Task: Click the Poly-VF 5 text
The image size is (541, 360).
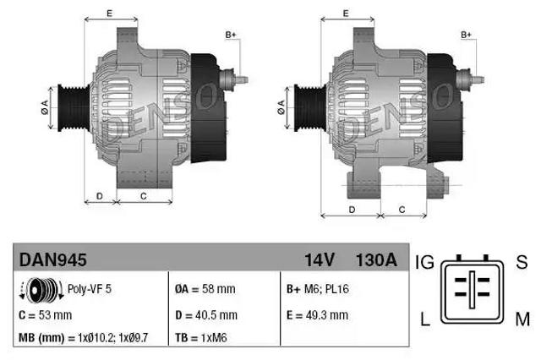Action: (x=90, y=288)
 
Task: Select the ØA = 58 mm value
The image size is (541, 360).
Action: (x=205, y=288)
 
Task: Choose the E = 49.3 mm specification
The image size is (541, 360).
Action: (x=317, y=314)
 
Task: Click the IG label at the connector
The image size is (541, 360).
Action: (x=424, y=263)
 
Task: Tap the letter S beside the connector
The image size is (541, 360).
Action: (x=521, y=263)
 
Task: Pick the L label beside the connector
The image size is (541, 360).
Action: (x=425, y=319)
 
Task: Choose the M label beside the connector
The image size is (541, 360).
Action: (x=522, y=319)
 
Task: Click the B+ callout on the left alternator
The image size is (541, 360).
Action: (x=231, y=34)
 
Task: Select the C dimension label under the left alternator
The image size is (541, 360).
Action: (x=143, y=195)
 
